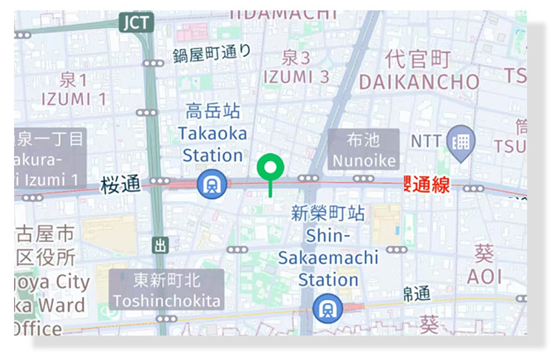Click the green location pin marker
click(271, 168)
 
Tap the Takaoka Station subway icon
click(211, 184)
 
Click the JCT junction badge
click(137, 22)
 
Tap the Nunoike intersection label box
click(363, 149)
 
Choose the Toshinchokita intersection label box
click(166, 290)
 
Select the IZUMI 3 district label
click(296, 76)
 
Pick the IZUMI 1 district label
click(74, 98)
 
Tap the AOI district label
click(484, 276)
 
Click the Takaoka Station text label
click(211, 145)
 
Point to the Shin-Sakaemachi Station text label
click(328, 258)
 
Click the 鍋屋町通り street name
click(211, 53)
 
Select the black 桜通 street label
click(121, 184)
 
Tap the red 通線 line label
click(427, 185)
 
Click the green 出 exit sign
click(160, 245)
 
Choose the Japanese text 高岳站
click(213, 112)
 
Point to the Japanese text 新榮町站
click(328, 214)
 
